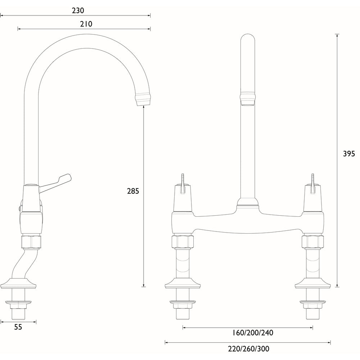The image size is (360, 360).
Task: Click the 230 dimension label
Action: coord(78,10)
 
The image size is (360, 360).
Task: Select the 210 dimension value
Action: coord(86,24)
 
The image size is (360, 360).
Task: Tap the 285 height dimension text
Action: coord(133,191)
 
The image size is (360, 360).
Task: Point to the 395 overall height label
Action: coord(348,154)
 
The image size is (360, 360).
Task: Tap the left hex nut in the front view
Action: coord(183,242)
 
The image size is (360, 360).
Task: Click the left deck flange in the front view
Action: coord(183,284)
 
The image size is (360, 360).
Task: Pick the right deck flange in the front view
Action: coord(313,284)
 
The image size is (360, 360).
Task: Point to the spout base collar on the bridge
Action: coord(247,204)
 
